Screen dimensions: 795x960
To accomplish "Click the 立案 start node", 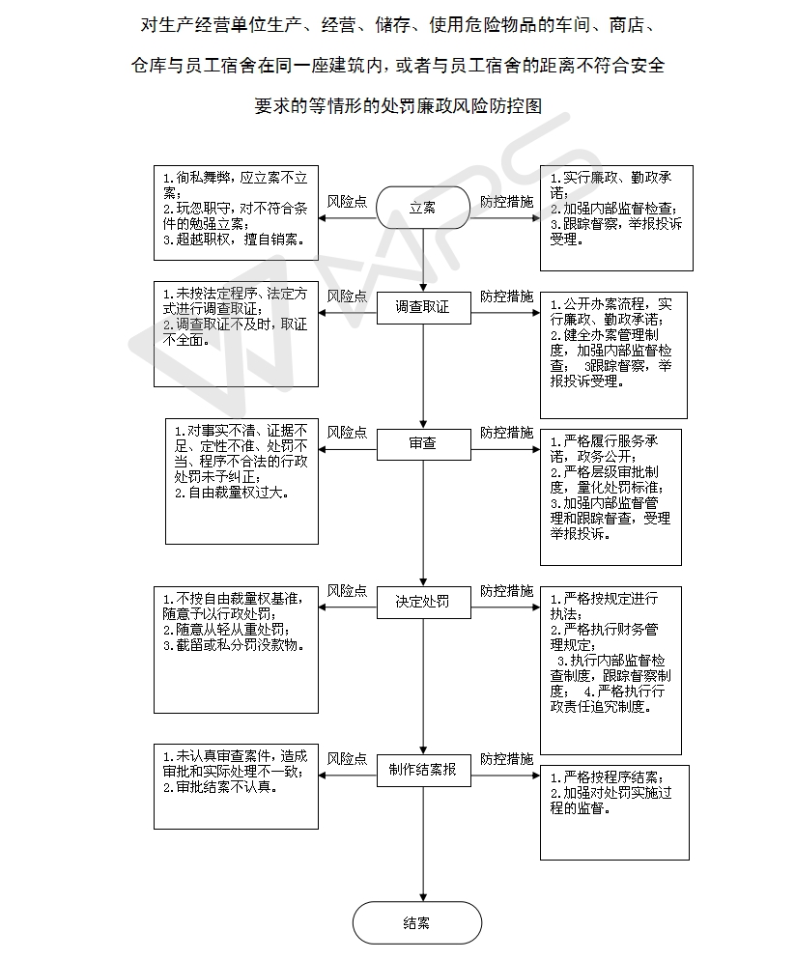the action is [422, 208].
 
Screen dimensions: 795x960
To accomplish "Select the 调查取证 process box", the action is [423, 307].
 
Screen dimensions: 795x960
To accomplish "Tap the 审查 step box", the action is [423, 444].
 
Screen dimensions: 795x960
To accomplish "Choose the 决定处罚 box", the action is [423, 602].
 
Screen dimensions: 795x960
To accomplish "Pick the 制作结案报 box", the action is [423, 770].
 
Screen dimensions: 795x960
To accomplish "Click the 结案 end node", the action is [417, 922].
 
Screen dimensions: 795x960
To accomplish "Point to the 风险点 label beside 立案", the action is [347, 202].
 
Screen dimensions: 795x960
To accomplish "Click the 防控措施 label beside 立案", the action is [506, 202].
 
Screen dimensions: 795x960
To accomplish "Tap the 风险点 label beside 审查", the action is [347, 433].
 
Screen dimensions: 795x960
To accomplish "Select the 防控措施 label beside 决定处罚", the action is [506, 591].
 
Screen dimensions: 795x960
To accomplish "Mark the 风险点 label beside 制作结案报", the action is [347, 758].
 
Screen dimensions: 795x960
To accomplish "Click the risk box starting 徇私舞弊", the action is [236, 213].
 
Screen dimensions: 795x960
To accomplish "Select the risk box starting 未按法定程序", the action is [236, 334].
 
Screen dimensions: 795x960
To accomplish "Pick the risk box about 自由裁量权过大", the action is [241, 481].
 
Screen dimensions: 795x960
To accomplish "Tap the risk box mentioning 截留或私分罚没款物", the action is [236, 650].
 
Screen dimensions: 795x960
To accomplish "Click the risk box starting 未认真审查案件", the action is [236, 787].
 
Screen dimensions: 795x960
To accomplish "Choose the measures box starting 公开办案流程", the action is [613, 355].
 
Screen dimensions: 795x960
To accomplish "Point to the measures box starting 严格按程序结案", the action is [614, 812].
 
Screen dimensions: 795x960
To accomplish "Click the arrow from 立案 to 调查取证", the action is [423, 260].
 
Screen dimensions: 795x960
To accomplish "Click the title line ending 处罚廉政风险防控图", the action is [398, 106].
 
